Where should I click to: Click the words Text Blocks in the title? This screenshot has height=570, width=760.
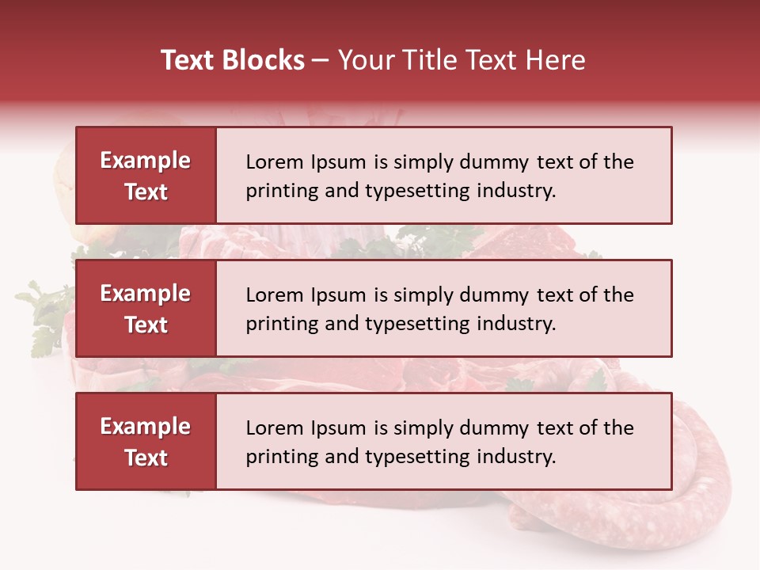pos(233,60)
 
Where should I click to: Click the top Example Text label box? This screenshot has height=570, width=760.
pos(146,176)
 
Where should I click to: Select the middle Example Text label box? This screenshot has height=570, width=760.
pos(146,309)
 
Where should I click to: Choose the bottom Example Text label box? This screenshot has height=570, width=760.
pos(146,442)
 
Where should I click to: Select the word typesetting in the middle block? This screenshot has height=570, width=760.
pos(418,324)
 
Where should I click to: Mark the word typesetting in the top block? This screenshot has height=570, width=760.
pos(418,191)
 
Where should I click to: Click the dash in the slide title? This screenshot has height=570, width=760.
pos(321,60)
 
